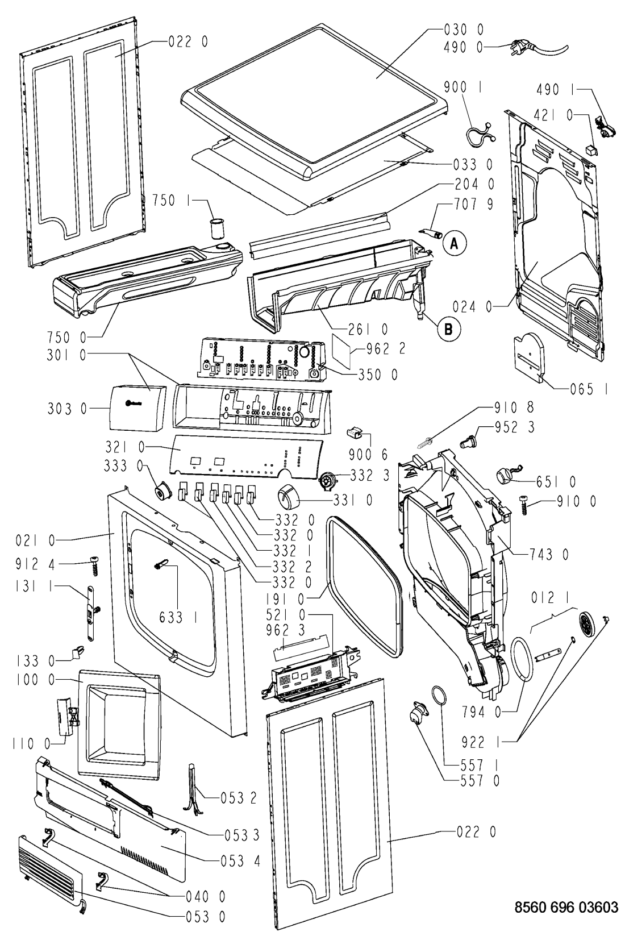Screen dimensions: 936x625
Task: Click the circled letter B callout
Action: click(448, 327)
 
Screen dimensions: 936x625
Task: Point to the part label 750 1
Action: click(172, 199)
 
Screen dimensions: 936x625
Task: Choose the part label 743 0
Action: click(549, 554)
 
